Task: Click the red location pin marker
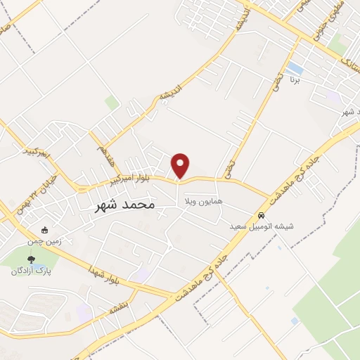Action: click(x=181, y=165)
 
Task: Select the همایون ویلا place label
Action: click(x=202, y=202)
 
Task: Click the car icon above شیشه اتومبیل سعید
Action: click(x=262, y=216)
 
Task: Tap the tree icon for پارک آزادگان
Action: click(x=30, y=260)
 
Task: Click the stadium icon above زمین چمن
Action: click(x=46, y=229)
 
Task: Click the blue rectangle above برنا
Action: click(x=295, y=70)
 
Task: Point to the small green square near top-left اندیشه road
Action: click(x=112, y=103)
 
